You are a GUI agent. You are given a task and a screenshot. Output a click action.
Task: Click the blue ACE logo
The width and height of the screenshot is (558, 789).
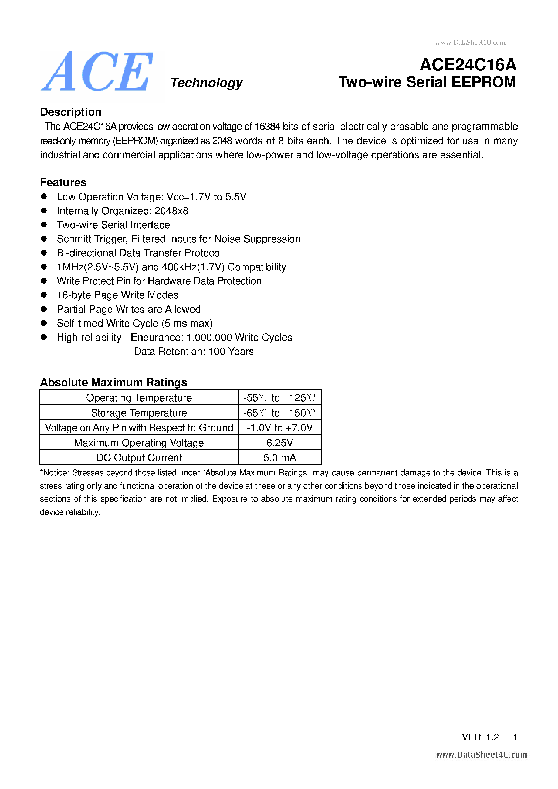point(97,72)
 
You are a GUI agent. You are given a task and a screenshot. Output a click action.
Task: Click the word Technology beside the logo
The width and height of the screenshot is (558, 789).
point(206,83)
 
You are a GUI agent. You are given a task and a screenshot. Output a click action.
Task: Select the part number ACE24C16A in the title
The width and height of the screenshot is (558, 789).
point(468,64)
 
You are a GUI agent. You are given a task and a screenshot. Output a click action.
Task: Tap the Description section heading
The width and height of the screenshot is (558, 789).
point(71,112)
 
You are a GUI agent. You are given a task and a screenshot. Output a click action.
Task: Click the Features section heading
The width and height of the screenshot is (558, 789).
point(63,182)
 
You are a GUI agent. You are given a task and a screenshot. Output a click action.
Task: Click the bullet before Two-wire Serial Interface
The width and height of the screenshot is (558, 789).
point(44,225)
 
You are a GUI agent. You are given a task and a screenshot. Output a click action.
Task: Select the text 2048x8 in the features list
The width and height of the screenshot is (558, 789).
point(171,211)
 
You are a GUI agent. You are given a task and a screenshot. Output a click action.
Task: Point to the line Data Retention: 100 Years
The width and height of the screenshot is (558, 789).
point(191,352)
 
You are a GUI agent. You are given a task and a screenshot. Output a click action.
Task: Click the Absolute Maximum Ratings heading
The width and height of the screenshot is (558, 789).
point(113,382)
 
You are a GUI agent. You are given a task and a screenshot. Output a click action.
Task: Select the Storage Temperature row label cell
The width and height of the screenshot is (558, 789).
point(139,413)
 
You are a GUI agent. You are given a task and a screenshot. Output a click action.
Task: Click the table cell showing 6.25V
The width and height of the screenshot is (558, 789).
point(279,443)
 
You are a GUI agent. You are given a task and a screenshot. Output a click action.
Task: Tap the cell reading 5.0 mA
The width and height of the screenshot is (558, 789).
point(279,458)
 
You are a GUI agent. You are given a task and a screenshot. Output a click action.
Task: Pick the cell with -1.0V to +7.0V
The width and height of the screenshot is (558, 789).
point(279,428)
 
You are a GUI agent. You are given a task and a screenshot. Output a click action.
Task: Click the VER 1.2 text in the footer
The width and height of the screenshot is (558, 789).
point(480,737)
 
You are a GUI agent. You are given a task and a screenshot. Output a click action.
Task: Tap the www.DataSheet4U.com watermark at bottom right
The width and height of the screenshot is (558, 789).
point(481,755)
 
